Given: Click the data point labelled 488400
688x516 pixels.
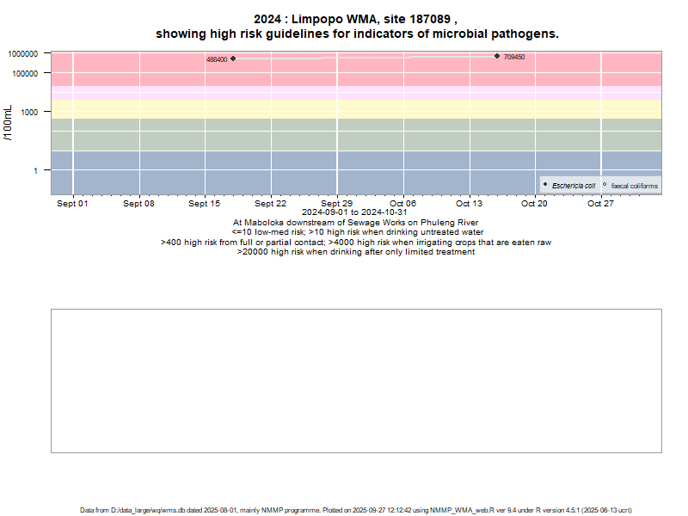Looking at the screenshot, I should coord(233,58).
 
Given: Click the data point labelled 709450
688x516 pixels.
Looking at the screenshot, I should coord(497,56).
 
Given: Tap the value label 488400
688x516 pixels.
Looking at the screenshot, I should coord(217,60).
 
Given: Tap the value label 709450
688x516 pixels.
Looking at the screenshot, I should coord(514,58).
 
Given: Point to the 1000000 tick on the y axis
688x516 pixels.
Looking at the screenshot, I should coord(22,53).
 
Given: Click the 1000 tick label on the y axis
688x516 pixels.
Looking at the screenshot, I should coord(30,112).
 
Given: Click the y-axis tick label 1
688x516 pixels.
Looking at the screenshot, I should coord(36,170).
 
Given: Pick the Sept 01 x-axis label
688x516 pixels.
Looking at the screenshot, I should coord(72,204).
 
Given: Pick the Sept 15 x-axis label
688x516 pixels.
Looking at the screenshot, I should coord(205,204).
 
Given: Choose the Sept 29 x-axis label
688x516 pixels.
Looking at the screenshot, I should coord(336,204).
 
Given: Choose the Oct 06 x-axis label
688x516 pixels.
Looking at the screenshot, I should coord(402,204).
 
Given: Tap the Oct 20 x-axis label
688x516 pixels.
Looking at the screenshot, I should coord(534,204).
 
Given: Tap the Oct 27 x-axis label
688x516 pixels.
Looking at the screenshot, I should coord(600,204).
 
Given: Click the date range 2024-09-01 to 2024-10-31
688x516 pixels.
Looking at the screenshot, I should coord(354,212).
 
